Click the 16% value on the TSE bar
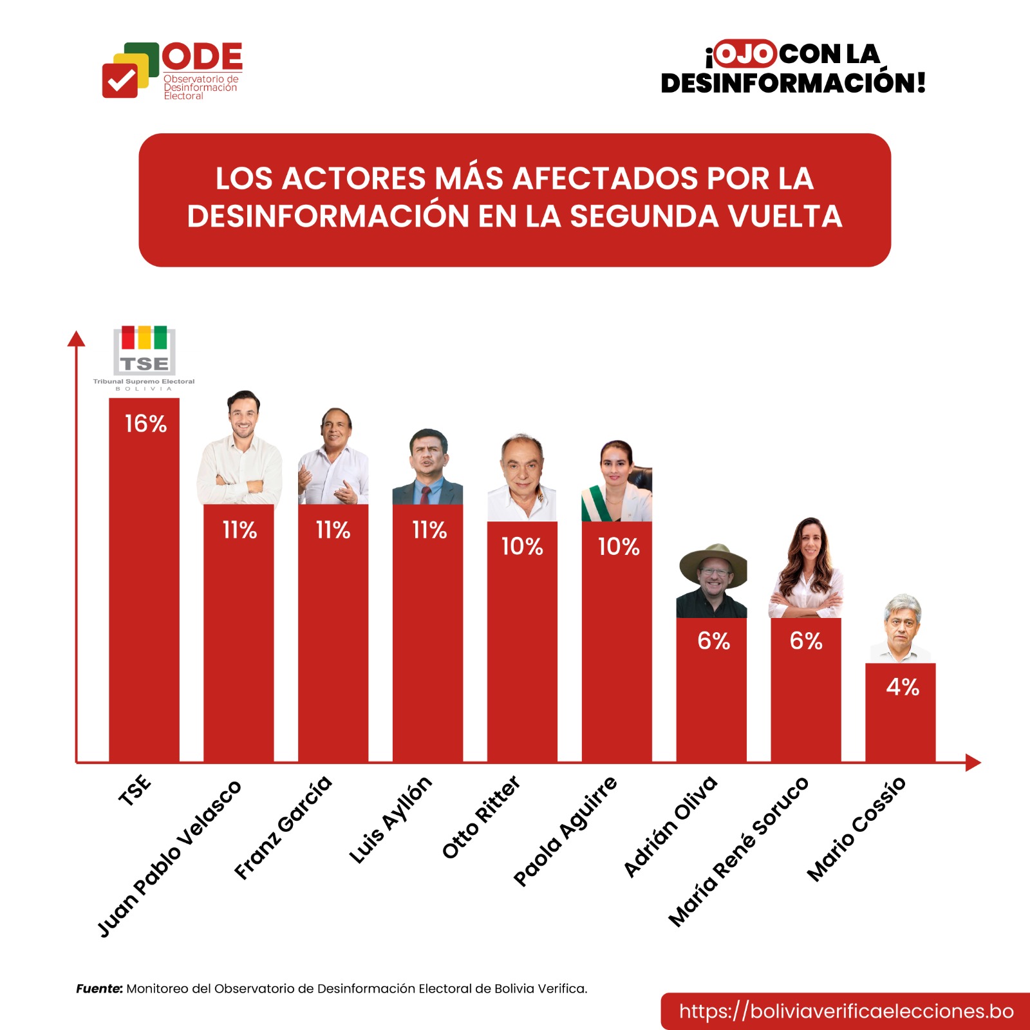pyautogui.click(x=145, y=424)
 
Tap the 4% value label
pyautogui.click(x=903, y=687)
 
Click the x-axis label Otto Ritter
pyautogui.click(x=481, y=817)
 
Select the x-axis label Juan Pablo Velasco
pyautogui.click(x=169, y=858)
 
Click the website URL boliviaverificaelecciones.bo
pyautogui.click(x=846, y=1011)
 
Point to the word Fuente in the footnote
pyautogui.click(x=99, y=989)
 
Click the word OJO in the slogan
pyautogui.click(x=744, y=54)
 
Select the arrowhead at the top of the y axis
pyautogui.click(x=77, y=339)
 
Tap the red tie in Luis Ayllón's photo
pyautogui.click(x=426, y=495)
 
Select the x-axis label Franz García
pyautogui.click(x=283, y=828)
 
